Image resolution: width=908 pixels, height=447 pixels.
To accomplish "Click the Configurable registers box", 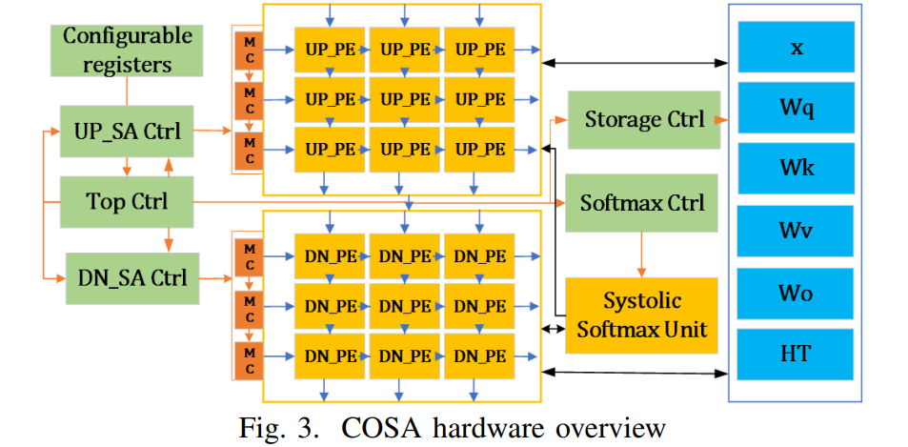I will pos(128,51).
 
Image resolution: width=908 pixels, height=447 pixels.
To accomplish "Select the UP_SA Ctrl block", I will pos(128,132).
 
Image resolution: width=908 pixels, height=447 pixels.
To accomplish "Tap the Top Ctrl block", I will pos(127,202).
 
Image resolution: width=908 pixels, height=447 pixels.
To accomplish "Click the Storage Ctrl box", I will pos(644,120).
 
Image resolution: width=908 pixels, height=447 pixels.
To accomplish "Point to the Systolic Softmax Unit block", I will pos(642,315).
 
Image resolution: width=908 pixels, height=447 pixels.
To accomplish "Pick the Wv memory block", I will pos(796,232).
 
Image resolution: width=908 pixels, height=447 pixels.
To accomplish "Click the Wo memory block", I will pos(796,293).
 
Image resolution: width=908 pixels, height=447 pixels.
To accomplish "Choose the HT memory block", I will pos(796,354).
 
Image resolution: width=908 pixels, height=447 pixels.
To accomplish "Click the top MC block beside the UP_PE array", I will pos(249,49).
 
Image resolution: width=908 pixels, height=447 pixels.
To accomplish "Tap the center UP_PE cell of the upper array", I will pos(404,99).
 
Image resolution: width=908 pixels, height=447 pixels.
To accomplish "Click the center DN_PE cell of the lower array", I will pos(404,306).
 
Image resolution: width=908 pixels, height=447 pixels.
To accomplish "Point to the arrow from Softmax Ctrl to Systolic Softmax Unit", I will pos(641,254).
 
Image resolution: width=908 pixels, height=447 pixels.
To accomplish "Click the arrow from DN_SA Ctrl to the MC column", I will pos(217,278).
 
